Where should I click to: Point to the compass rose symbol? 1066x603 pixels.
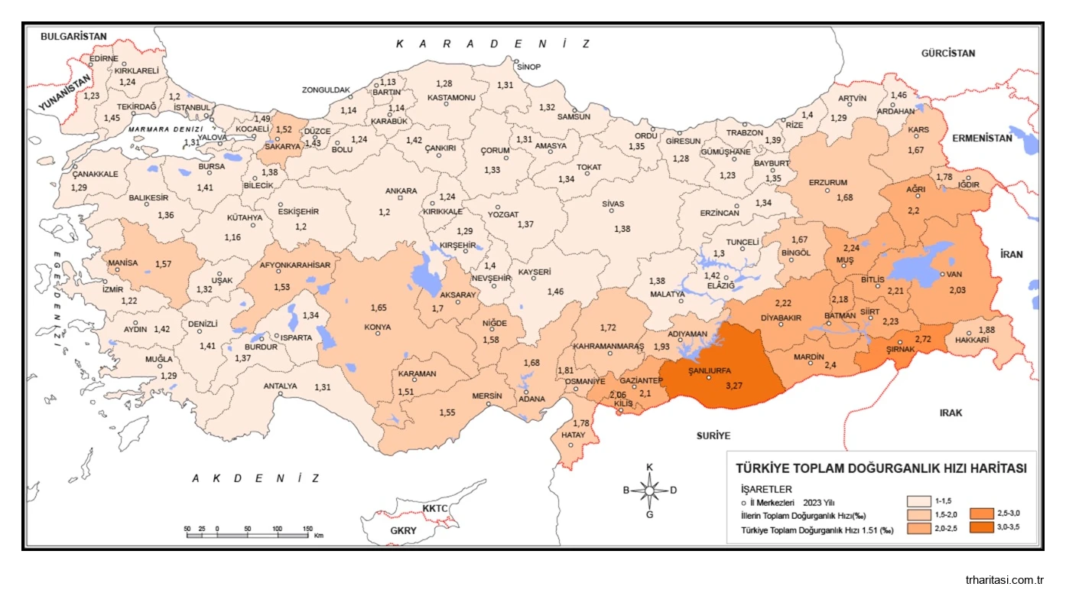(x=649, y=490)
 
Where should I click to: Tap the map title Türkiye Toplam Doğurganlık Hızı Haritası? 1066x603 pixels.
(x=880, y=468)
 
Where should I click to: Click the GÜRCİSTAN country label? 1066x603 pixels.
(x=948, y=54)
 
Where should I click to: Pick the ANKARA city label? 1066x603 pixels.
(x=401, y=191)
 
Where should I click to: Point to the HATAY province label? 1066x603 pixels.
(x=574, y=435)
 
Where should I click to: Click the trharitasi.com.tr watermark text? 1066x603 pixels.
(x=1005, y=580)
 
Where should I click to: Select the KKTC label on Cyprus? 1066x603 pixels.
(x=434, y=509)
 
